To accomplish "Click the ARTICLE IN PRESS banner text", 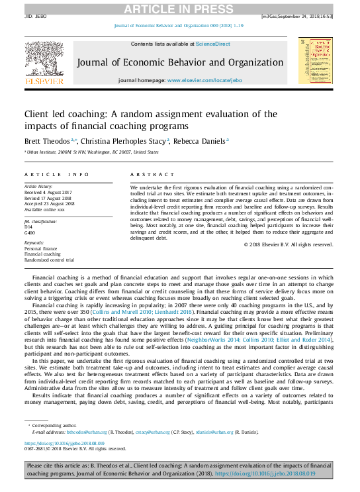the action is click(x=179, y=9).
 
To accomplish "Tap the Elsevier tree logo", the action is click(x=44, y=62).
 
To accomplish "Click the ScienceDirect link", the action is click(x=213, y=44).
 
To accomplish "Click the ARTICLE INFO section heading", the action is click(x=57, y=175).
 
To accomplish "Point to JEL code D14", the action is click(x=28, y=226).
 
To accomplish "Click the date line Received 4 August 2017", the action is click(x=48, y=193).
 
